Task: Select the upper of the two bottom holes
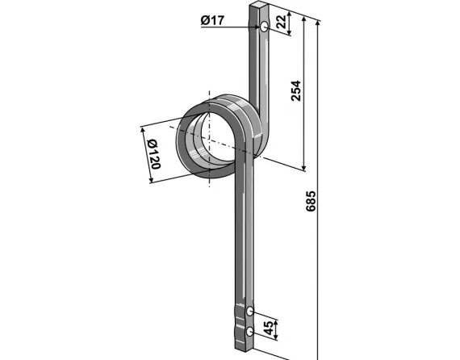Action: click(x=252, y=311)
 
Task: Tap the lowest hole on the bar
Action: click(x=252, y=330)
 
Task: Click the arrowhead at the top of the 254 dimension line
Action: click(x=303, y=22)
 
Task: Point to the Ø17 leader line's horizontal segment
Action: click(x=230, y=27)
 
